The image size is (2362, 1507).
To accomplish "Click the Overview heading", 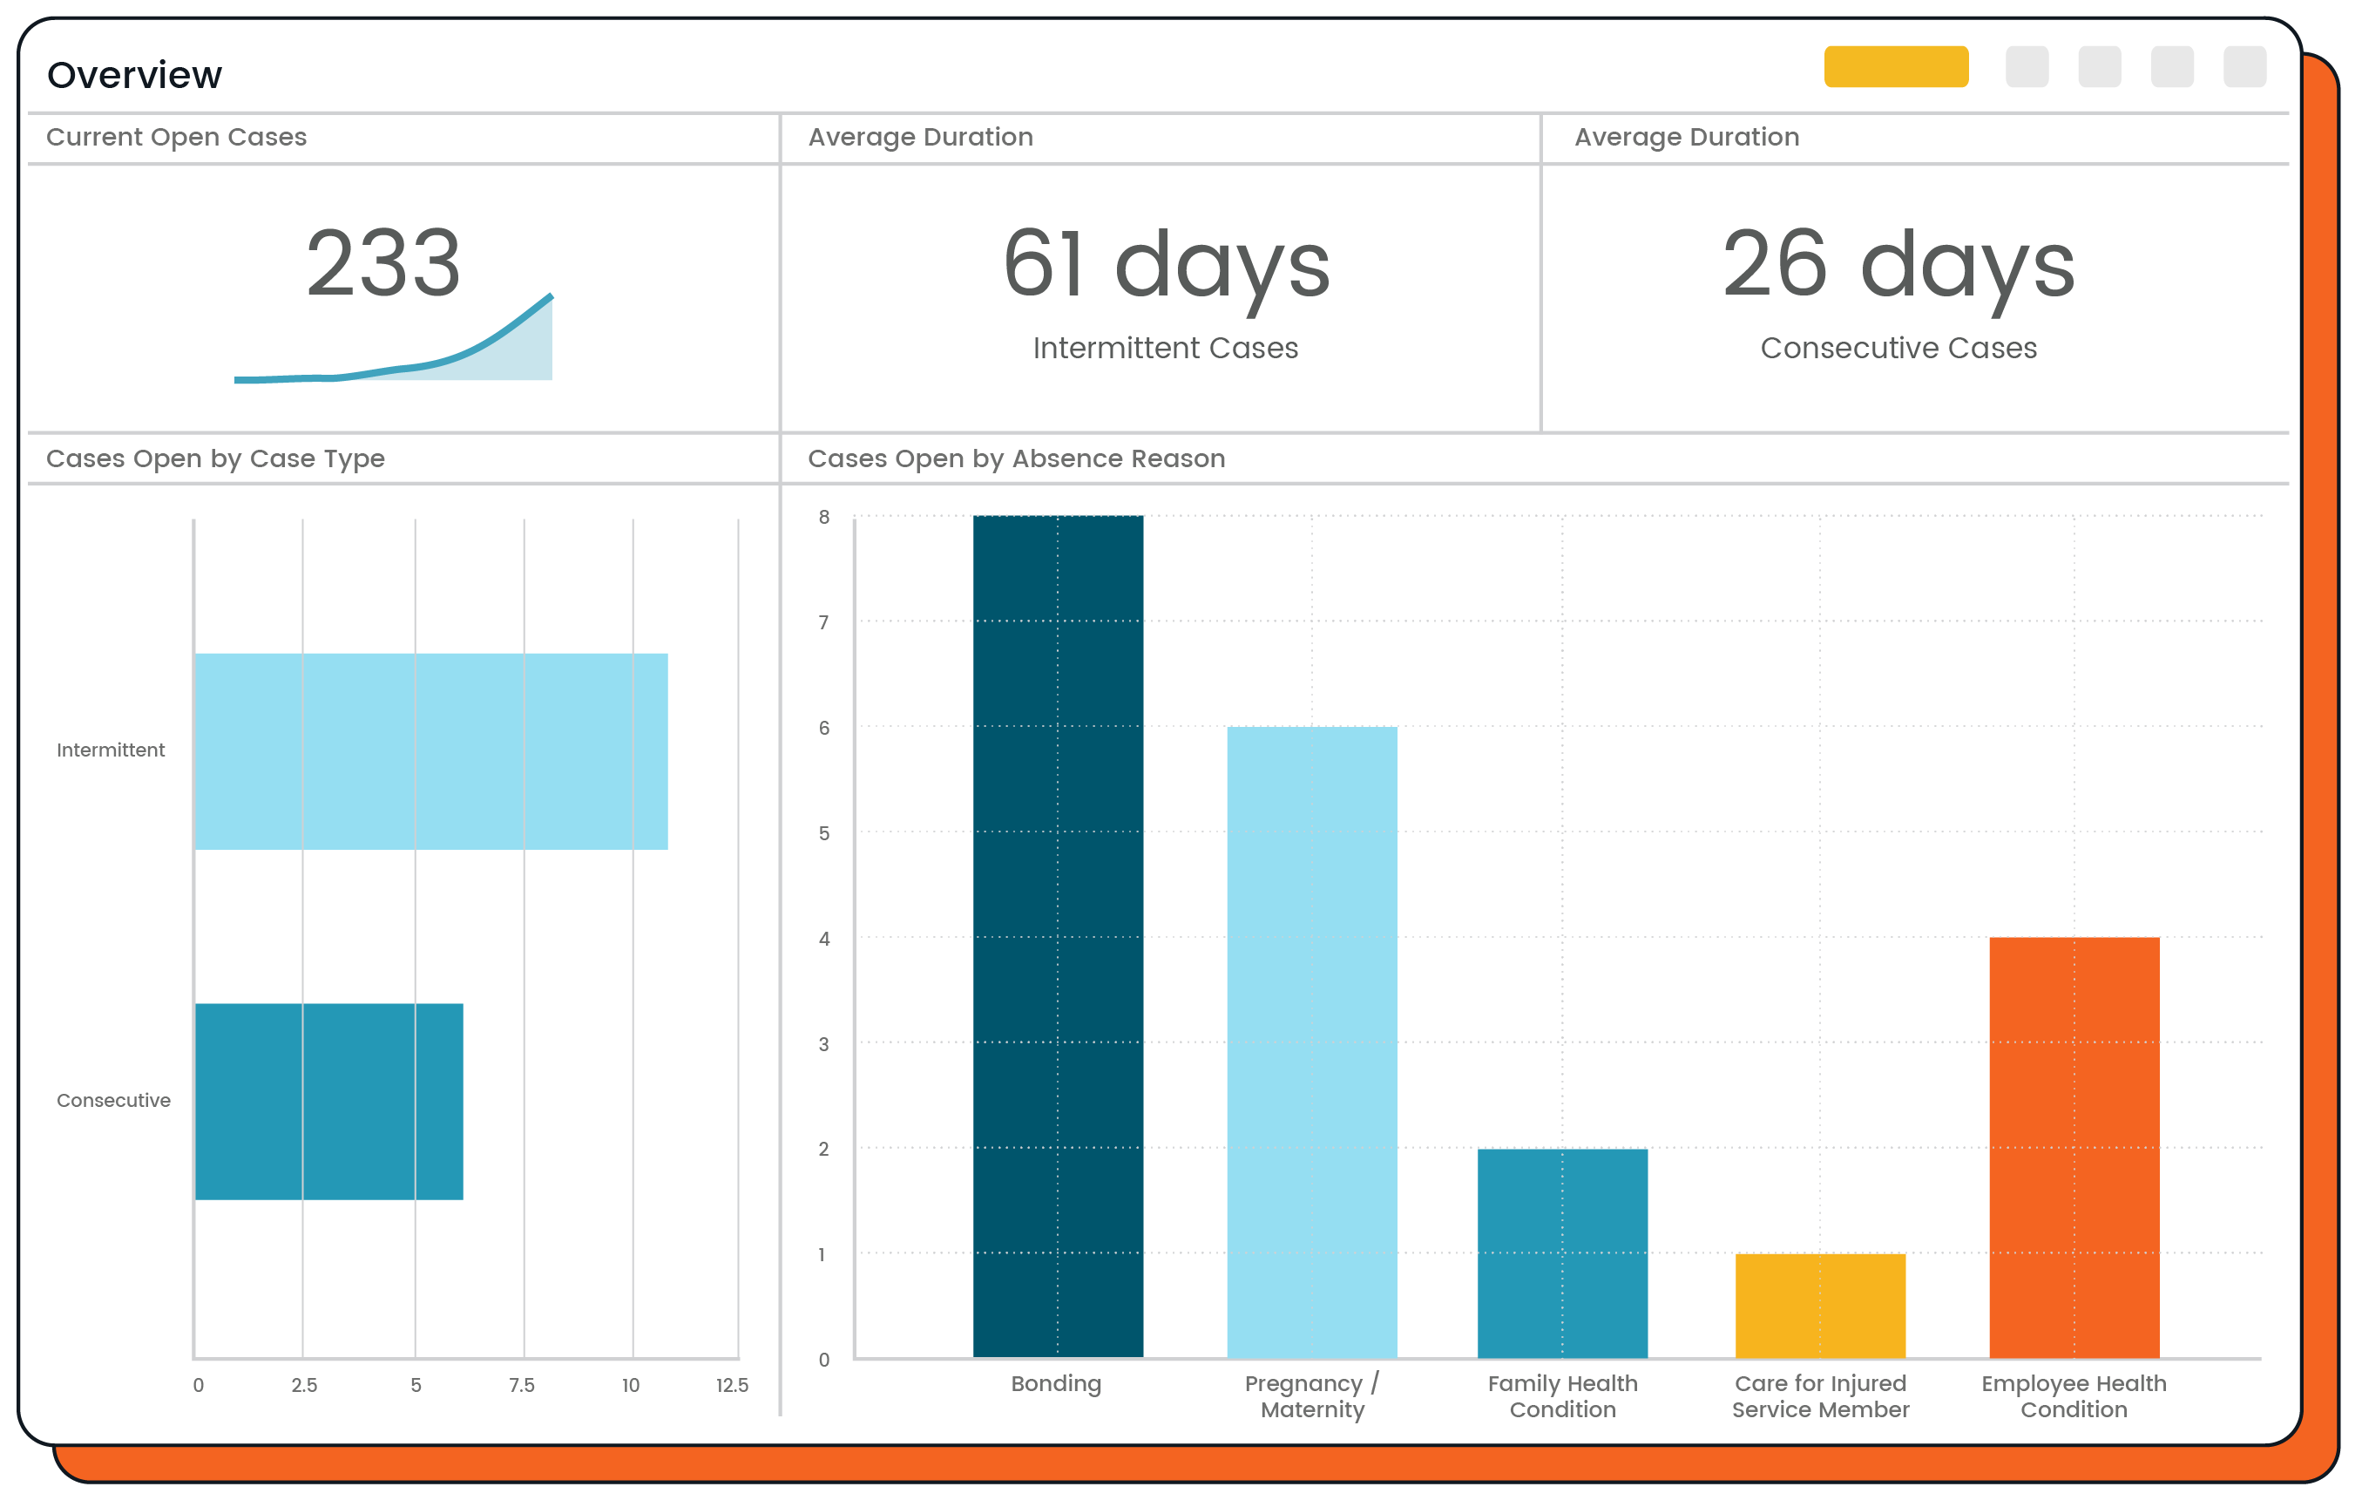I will (x=134, y=75).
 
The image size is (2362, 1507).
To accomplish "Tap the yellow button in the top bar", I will (x=1895, y=67).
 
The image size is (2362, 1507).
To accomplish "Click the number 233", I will (x=382, y=262).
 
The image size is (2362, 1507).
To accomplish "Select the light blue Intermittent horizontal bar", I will (x=431, y=750).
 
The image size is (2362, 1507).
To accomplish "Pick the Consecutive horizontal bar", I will (x=328, y=1101).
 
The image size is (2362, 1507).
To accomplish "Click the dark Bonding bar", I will (x=1058, y=937).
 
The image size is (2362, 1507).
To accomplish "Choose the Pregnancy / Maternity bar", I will (x=1311, y=1042).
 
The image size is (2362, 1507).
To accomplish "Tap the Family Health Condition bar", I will (x=1561, y=1252).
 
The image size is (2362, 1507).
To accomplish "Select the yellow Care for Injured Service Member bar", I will (x=1819, y=1305).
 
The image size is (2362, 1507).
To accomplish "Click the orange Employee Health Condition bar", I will (x=2074, y=1148).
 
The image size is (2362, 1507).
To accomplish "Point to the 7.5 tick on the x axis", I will (x=522, y=1384).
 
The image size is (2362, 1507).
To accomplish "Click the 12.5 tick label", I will (x=732, y=1384).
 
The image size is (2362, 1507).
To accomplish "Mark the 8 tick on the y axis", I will (x=824, y=517).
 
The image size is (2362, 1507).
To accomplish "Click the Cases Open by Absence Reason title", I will (x=1016, y=458).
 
